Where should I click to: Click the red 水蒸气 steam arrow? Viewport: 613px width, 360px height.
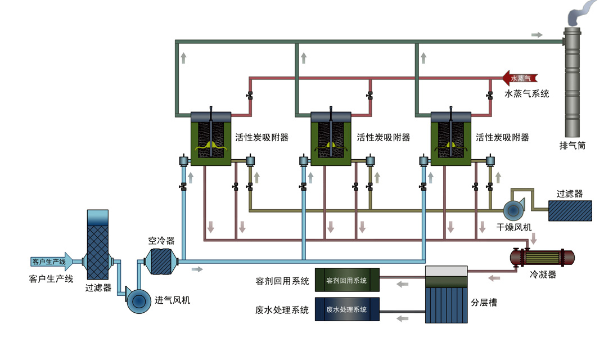click(520, 79)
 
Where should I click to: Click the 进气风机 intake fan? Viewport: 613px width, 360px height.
click(138, 301)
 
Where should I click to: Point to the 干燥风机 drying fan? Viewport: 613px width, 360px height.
click(514, 210)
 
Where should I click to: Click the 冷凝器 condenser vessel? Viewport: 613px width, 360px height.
click(542, 258)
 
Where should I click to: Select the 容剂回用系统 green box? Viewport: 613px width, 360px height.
click(347, 280)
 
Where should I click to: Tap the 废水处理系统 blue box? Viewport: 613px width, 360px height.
click(347, 309)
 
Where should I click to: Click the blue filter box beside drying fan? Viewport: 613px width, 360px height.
click(570, 210)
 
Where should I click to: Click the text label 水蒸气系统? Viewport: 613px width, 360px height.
click(526, 94)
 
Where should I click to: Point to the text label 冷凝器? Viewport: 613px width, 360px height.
click(543, 275)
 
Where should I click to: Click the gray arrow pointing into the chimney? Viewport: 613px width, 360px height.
click(537, 35)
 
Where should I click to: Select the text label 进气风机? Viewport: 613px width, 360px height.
click(173, 300)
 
